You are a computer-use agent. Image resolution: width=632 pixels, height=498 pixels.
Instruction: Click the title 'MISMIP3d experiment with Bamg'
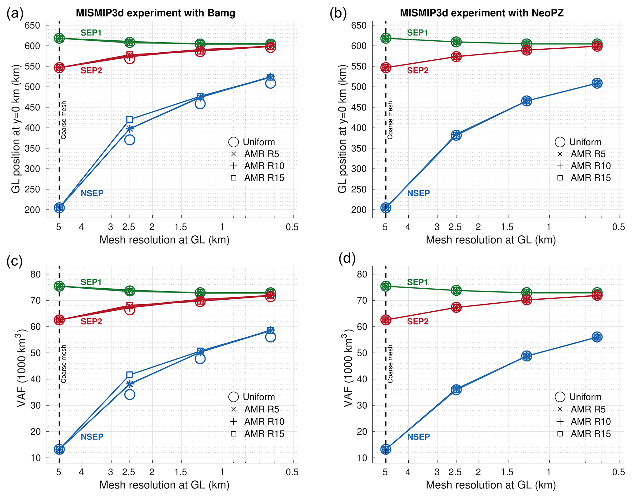coord(155,13)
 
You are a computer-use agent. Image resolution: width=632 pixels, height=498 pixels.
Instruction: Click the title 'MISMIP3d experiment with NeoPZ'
coord(482,13)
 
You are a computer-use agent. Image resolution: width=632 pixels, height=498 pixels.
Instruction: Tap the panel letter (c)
coord(15,261)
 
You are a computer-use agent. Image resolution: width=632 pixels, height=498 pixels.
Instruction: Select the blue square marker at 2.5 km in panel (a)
coord(130,119)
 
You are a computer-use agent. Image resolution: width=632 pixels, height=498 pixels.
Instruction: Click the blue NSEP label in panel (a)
coord(92,193)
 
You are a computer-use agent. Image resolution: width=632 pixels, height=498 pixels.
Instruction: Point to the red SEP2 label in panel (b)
coord(418,70)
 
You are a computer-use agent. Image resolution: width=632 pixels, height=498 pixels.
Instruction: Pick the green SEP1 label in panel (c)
coord(91,282)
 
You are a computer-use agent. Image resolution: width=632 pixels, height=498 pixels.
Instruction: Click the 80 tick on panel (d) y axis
coord(362,274)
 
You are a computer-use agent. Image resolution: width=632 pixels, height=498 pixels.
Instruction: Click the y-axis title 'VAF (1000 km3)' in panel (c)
coord(22,368)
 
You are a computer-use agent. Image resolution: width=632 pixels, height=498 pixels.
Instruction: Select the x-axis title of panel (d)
coord(491,485)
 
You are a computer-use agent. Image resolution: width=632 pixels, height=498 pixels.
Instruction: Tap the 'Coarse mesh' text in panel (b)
coord(390,120)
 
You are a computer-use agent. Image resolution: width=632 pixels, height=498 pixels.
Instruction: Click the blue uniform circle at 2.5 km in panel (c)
coord(130,395)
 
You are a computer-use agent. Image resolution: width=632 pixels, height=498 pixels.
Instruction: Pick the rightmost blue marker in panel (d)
coord(597,337)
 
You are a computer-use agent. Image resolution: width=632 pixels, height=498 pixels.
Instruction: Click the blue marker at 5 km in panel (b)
coord(386,208)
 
